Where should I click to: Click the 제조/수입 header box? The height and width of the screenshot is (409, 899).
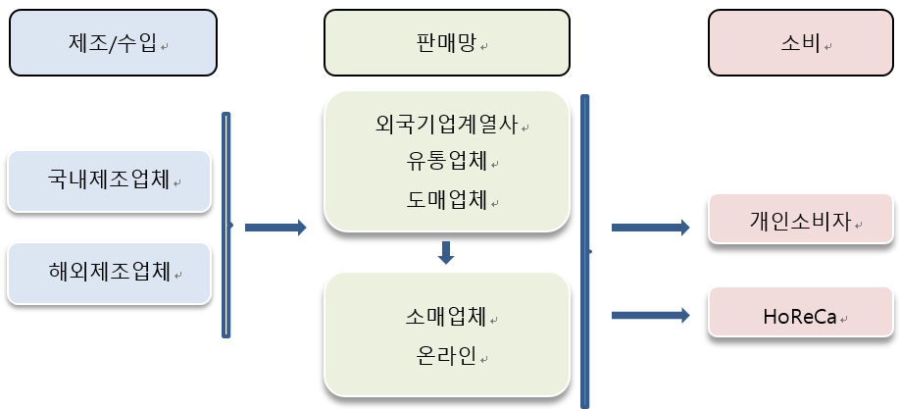113,43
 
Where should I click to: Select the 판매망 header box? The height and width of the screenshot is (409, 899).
447,43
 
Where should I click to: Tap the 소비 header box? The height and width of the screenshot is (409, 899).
801,43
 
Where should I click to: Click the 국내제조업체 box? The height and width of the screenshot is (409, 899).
109,180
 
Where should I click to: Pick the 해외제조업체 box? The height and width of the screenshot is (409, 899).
109,272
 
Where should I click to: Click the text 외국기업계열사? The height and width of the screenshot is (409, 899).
446,126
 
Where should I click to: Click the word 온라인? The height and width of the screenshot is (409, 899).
446,355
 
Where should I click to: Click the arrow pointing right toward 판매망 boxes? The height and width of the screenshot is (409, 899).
275,228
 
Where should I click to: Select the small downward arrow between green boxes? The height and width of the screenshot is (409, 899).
446,253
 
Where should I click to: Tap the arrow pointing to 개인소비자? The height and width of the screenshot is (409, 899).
650,228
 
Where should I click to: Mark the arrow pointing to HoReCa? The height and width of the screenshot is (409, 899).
650,315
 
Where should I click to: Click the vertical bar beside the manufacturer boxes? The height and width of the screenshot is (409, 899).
226,225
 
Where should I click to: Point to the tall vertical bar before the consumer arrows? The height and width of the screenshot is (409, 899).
585,250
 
